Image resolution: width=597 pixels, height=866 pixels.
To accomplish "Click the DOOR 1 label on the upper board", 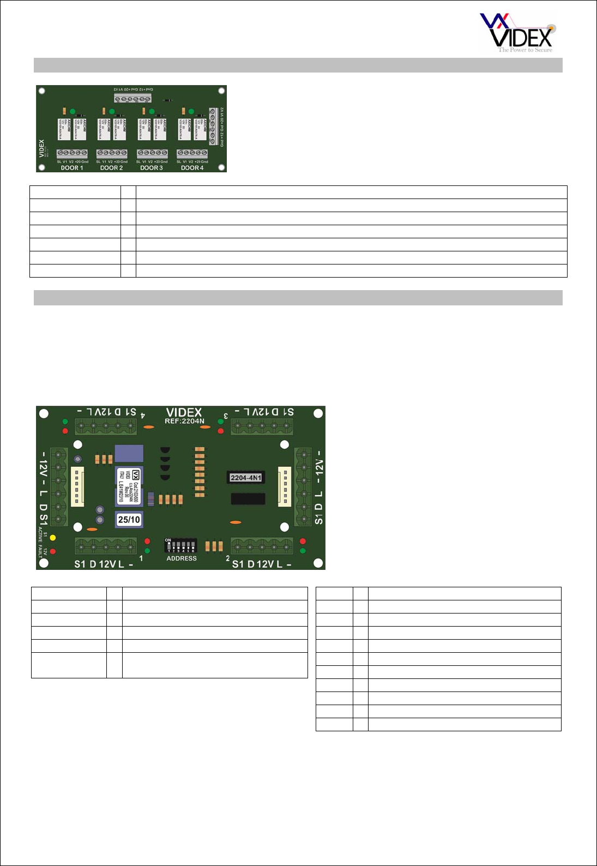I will tap(72, 168).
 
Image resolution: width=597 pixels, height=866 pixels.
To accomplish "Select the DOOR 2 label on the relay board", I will tap(111, 168).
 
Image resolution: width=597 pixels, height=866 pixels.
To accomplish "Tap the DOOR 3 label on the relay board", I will tap(151, 168).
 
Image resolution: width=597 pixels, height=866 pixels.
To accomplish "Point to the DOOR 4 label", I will tap(192, 168).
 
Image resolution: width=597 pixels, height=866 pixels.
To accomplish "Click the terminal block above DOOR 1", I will tap(72, 154).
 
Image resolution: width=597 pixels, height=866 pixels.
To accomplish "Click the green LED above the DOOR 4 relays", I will tap(191, 112).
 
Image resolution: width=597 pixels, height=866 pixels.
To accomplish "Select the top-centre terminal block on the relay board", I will tap(132, 99).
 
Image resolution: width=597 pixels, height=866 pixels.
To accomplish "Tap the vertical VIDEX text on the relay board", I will tap(42, 148).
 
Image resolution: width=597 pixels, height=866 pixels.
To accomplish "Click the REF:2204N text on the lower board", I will tap(184, 421).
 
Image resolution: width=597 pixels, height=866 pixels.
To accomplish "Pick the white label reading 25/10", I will tap(129, 520).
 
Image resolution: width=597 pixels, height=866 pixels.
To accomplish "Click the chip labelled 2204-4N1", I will tap(246, 478).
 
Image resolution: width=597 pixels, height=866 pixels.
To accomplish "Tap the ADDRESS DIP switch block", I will tap(180, 546).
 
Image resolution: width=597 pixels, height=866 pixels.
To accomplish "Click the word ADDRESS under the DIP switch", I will tap(182, 558).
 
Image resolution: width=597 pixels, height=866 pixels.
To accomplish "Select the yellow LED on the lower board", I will tap(53, 538).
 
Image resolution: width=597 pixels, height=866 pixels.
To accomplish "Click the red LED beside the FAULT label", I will tap(53, 551).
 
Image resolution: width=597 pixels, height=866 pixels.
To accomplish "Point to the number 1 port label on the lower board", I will tap(141, 558).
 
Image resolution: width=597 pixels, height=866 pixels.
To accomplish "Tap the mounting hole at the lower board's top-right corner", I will tap(318, 413).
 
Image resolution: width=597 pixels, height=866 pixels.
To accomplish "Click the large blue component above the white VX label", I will tap(129, 454).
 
